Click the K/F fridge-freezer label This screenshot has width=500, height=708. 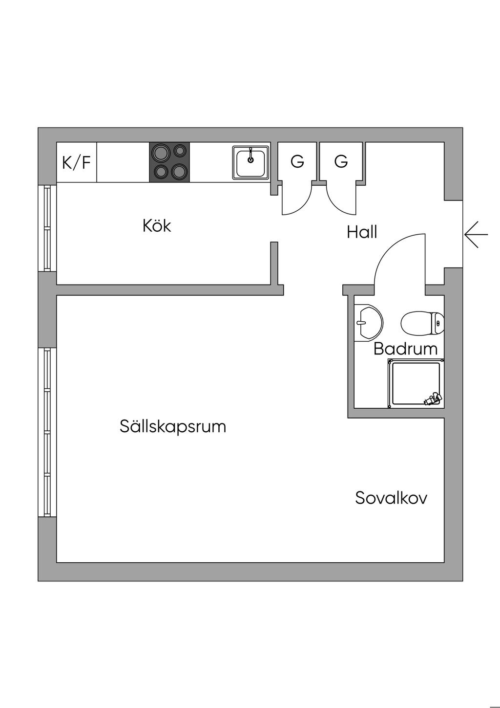point(76,162)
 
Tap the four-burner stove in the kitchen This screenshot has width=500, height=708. point(169,162)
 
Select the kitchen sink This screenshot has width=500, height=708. point(250,162)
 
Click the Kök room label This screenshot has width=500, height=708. point(157,226)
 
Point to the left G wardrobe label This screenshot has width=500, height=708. point(297,161)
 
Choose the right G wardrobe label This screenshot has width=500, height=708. point(341,161)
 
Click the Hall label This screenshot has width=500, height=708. point(362,232)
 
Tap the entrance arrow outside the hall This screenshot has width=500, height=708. point(476,235)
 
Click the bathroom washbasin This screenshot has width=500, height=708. point(368,323)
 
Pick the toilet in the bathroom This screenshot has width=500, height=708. point(422,323)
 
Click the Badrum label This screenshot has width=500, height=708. point(405,349)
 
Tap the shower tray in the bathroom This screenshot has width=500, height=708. point(416,384)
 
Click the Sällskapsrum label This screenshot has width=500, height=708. point(173,427)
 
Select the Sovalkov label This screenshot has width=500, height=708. point(391,507)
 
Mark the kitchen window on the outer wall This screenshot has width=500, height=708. point(47,228)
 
